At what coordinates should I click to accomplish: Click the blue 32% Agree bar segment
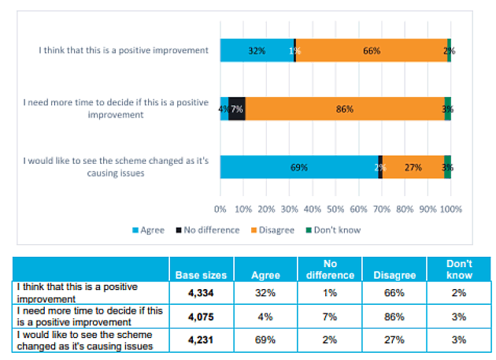[x=257, y=50]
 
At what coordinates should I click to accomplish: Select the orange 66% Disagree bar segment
[x=371, y=50]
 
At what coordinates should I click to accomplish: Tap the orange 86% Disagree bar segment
[x=345, y=109]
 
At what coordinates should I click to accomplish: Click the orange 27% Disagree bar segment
[x=413, y=167]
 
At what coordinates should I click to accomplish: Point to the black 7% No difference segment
[x=237, y=109]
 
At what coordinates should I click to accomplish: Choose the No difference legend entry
[x=209, y=230]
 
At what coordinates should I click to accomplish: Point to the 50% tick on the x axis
[x=335, y=210]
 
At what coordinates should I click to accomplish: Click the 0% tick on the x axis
[x=220, y=210]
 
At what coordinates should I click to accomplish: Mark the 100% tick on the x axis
[x=450, y=210]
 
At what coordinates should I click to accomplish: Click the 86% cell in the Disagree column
[x=394, y=316]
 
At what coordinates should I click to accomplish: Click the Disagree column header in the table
[x=394, y=275]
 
